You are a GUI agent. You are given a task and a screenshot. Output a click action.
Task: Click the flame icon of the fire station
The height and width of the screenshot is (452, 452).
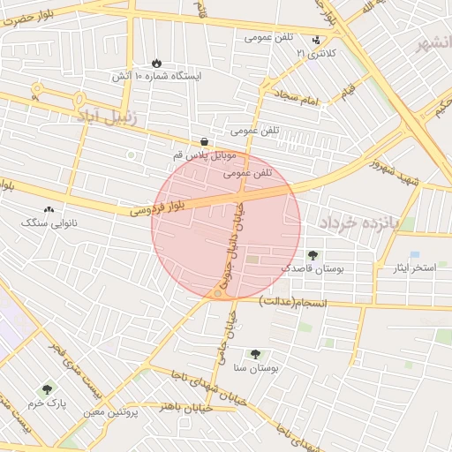[x=157, y=63]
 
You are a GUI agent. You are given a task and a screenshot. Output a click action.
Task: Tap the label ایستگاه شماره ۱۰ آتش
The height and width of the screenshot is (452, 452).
[x=156, y=77]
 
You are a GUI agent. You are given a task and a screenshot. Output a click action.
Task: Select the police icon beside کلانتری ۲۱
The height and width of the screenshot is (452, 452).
[x=316, y=40]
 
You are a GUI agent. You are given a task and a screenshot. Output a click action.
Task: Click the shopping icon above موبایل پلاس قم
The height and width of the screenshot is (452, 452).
[x=204, y=141]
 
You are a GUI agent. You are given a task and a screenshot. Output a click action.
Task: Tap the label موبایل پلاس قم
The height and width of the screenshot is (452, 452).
[x=204, y=155]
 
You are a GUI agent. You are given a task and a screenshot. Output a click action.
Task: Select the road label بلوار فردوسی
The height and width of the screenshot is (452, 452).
[x=159, y=206]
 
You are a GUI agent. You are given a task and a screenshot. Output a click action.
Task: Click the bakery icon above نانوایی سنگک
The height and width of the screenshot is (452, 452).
[x=48, y=210]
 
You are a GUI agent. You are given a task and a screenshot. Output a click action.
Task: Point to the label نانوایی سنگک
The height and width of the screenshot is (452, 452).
[x=49, y=224]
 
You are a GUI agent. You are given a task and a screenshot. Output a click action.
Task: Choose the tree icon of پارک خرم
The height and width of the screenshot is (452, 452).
[x=47, y=388]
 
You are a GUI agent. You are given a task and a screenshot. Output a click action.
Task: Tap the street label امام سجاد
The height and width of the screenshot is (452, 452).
[x=295, y=98]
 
